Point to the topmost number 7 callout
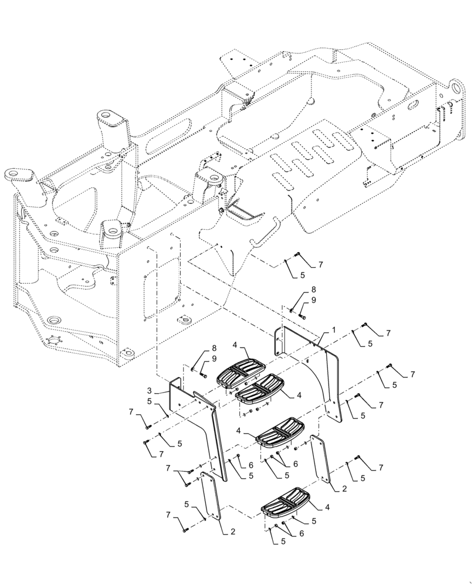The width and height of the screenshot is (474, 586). tap(321, 265)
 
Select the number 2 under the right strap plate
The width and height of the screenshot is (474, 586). tap(344, 488)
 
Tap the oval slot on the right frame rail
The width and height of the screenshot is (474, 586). tap(414, 104)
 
